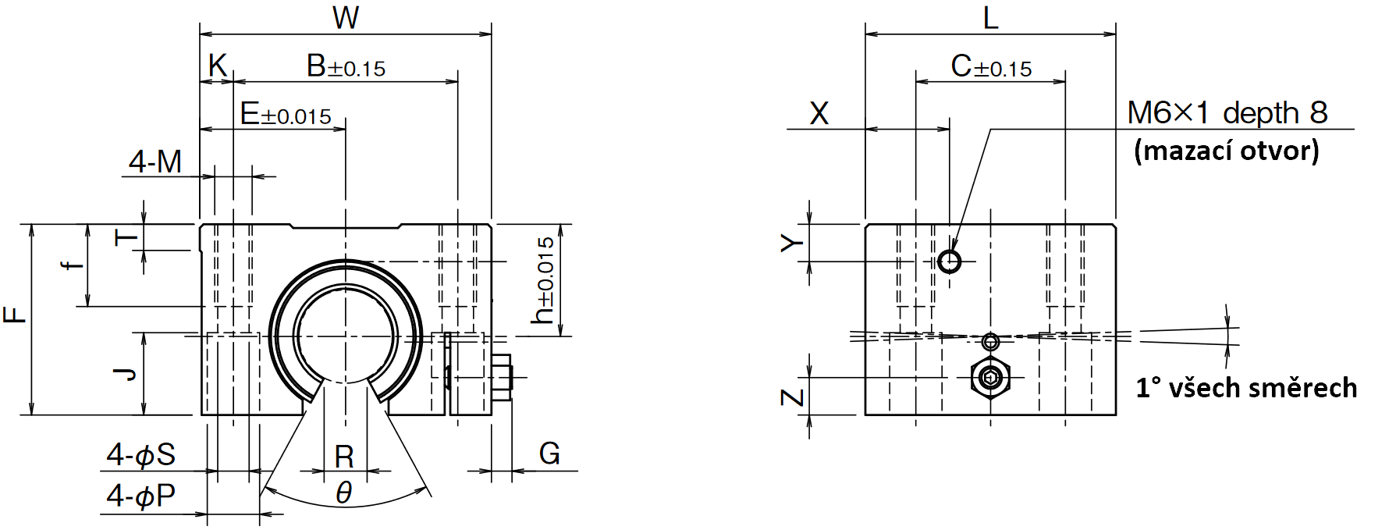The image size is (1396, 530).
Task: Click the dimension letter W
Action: [346, 17]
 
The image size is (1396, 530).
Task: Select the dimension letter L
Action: [991, 17]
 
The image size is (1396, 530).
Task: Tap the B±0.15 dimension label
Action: [346, 66]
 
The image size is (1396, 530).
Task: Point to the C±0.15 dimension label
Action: [991, 66]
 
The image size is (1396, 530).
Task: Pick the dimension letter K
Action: [218, 66]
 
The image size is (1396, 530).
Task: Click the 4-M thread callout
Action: [155, 162]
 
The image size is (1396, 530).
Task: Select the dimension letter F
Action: [15, 315]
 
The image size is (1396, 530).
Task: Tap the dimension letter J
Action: [125, 374]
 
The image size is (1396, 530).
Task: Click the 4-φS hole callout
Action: [141, 454]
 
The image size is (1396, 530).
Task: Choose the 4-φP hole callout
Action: [141, 496]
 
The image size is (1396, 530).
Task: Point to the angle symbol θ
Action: [344, 493]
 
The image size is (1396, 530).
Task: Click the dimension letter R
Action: [344, 456]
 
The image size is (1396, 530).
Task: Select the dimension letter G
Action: [549, 454]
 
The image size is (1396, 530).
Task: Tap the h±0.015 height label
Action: [543, 280]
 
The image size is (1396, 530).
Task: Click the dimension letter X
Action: [819, 114]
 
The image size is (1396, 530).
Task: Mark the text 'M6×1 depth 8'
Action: [1227, 113]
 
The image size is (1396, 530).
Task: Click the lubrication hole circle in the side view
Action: [950, 261]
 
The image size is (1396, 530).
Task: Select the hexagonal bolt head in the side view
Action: [990, 379]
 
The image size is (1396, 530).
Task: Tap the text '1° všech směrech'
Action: [1246, 387]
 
